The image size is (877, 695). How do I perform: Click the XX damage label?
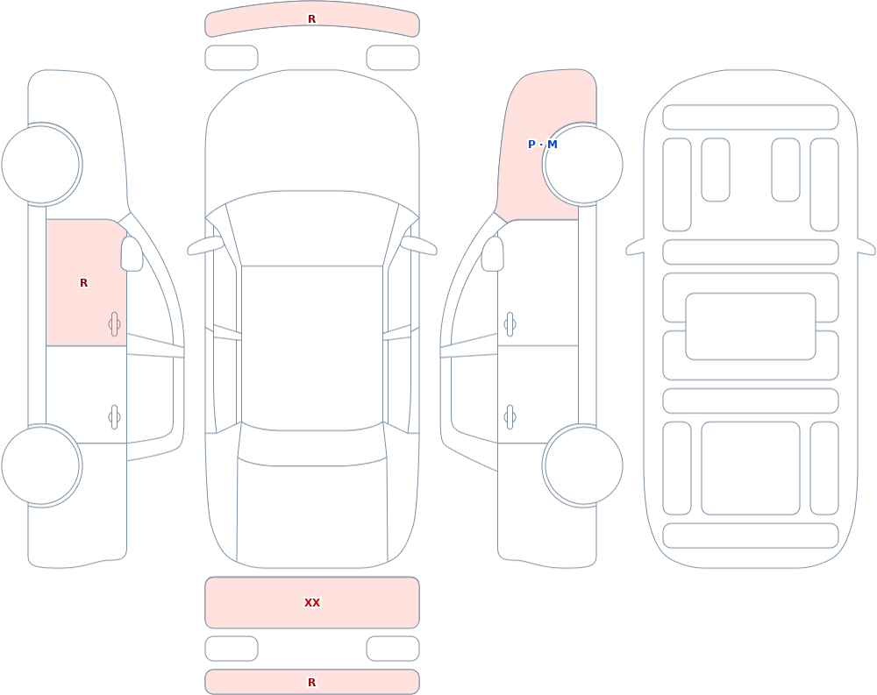click(312, 602)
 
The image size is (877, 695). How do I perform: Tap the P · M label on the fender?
click(543, 145)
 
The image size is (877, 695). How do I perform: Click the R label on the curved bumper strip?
click(312, 19)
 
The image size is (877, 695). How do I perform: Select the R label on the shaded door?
click(84, 283)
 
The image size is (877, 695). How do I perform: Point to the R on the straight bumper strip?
click(312, 682)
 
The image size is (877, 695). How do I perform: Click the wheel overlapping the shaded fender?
click(583, 165)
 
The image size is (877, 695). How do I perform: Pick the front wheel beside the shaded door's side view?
click(41, 165)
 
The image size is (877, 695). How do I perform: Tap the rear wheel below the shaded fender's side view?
click(583, 465)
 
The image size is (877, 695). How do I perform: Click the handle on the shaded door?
click(114, 324)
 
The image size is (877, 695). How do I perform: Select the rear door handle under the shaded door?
click(114, 417)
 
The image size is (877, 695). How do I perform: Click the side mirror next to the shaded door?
click(132, 254)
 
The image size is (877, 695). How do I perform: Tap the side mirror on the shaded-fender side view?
click(493, 254)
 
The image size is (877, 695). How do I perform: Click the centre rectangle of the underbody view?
click(751, 327)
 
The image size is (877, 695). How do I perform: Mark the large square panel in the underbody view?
click(751, 468)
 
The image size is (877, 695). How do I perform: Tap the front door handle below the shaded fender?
click(510, 324)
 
